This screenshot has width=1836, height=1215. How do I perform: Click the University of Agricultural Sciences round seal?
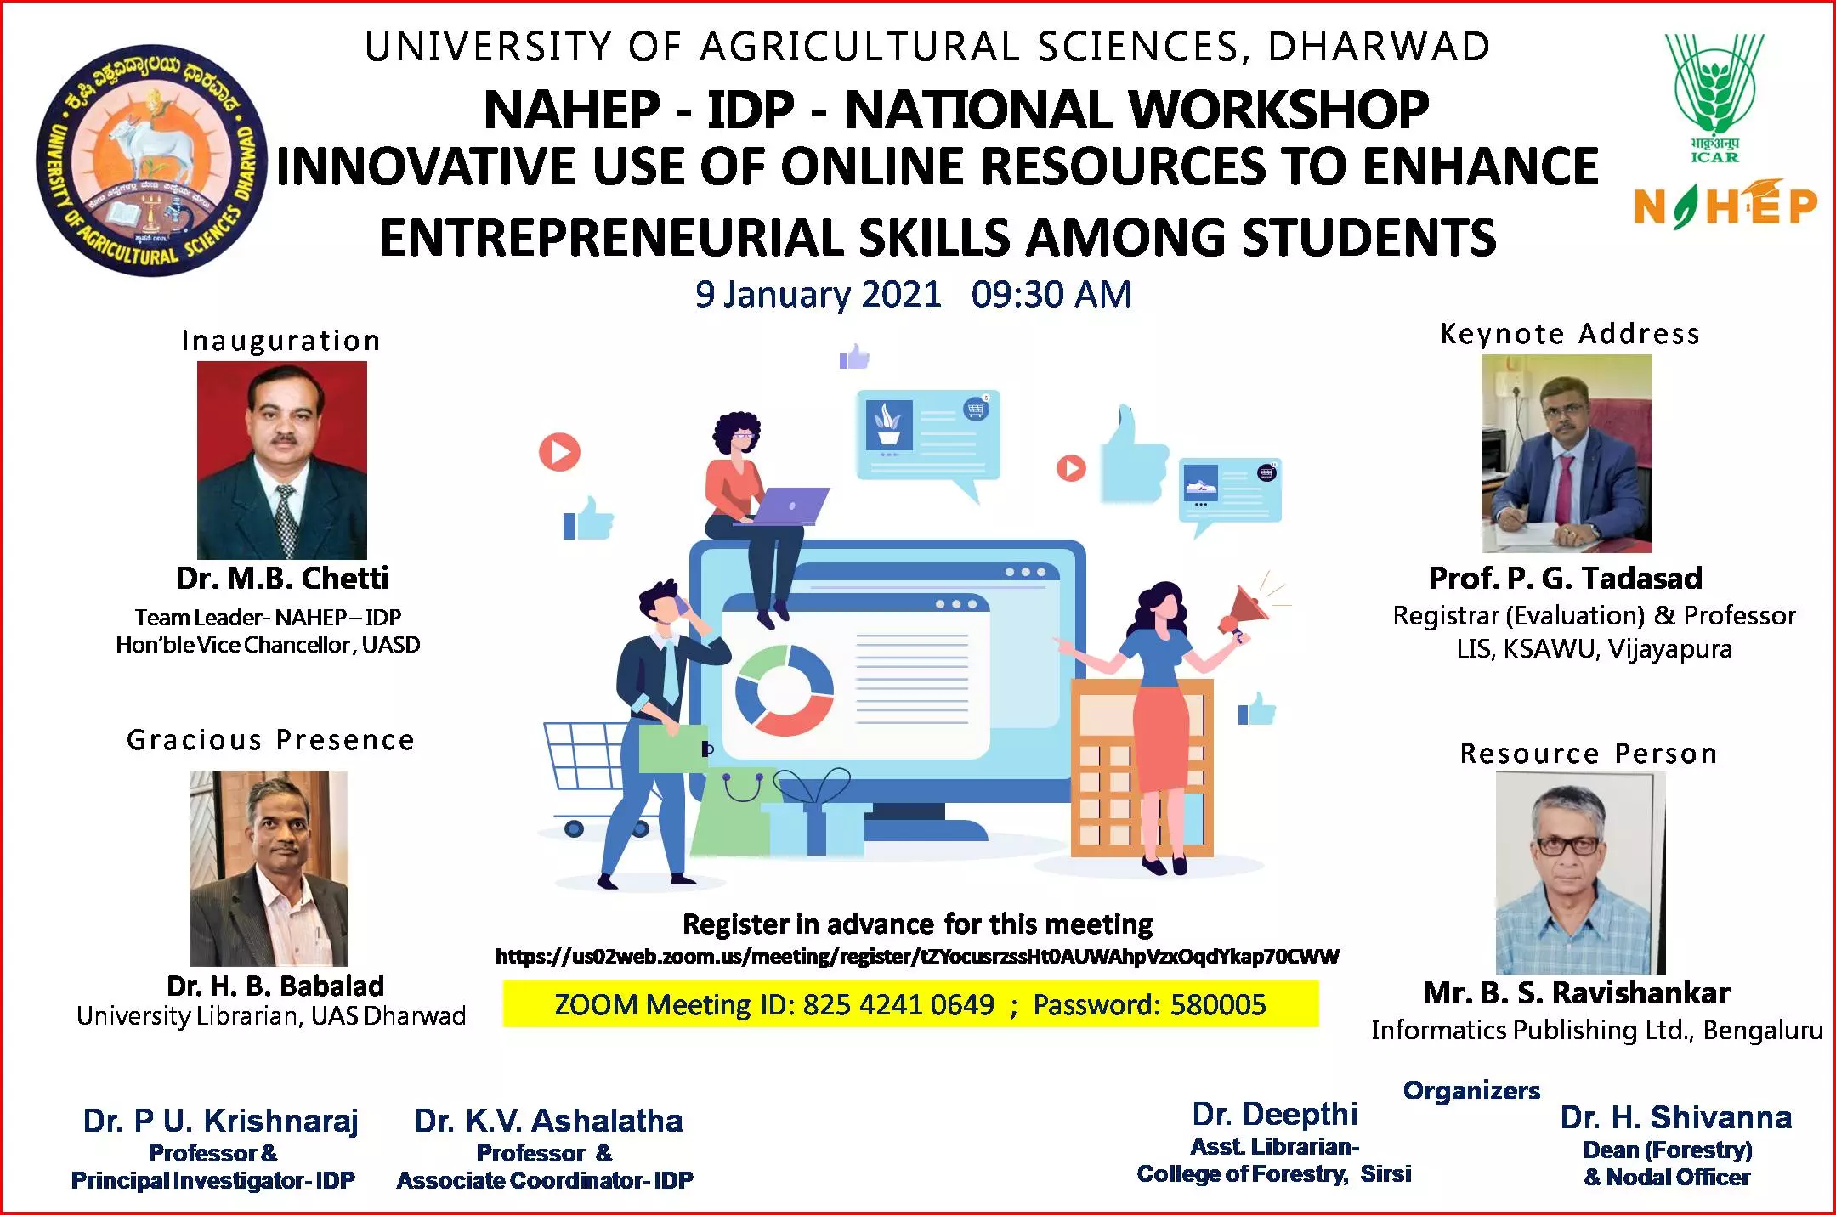(x=151, y=160)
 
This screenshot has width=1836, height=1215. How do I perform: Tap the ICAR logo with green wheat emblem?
(x=1714, y=97)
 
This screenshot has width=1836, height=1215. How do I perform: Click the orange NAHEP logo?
(x=1725, y=205)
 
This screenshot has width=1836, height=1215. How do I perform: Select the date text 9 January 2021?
(x=818, y=295)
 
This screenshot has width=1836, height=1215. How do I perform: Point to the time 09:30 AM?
(x=1051, y=295)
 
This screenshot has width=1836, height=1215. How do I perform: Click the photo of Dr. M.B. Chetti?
(x=282, y=460)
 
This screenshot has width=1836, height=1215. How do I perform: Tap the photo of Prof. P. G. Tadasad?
(x=1567, y=454)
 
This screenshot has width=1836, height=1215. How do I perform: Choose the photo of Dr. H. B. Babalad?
(x=269, y=868)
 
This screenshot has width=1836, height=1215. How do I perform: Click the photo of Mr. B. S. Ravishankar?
(x=1580, y=873)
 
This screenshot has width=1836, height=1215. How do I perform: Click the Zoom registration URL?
(x=917, y=957)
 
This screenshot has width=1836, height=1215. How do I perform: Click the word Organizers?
(x=1471, y=1090)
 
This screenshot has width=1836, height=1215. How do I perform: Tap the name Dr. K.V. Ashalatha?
(x=548, y=1122)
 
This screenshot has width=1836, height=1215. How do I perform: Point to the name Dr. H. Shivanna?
(x=1676, y=1117)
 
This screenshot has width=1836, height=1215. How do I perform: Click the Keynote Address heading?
(x=1570, y=334)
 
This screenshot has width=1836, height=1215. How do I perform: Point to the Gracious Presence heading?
(x=270, y=740)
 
